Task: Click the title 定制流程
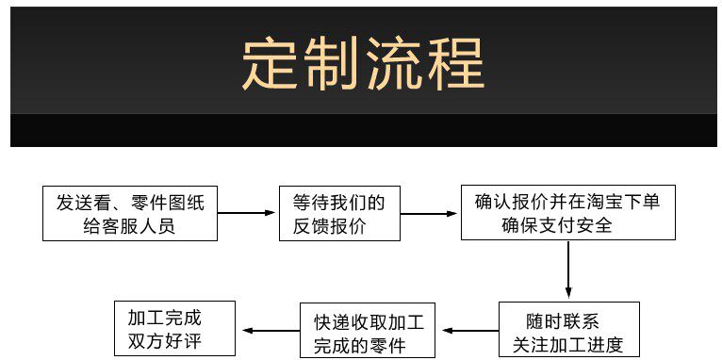point(363,63)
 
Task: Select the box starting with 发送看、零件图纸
point(130,213)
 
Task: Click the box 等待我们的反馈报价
point(339,213)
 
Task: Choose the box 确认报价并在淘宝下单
point(568,212)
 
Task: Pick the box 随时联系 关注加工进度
point(569,329)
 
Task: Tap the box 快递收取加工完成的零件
point(368,330)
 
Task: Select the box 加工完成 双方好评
point(174,328)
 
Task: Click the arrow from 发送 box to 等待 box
point(246,213)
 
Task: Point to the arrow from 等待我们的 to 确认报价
point(429,214)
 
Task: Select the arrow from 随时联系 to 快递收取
point(470,331)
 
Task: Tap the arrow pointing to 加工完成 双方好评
point(271,330)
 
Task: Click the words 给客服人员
point(129,226)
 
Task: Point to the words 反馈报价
point(329,226)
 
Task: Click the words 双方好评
point(164,341)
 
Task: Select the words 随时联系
point(562,320)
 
